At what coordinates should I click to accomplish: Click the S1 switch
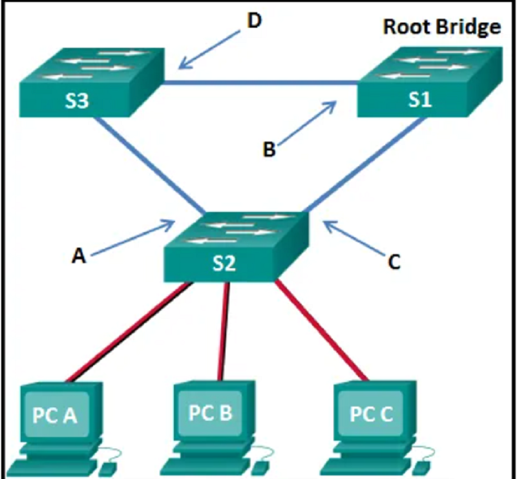pos(430,82)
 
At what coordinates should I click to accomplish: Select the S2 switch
pos(237,247)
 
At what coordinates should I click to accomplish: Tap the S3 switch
pos(92,83)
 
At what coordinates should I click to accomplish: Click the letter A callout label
pos(78,256)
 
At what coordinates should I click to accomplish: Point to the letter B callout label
pos(269,149)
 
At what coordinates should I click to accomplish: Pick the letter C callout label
pos(394,262)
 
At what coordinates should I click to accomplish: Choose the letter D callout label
pos(254,21)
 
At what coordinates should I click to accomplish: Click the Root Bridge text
pos(442,27)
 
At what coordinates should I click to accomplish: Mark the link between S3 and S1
pos(260,82)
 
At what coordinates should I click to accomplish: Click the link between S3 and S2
pos(149,165)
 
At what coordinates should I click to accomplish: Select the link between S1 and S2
pos(364,165)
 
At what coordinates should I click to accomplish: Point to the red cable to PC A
pos(129,332)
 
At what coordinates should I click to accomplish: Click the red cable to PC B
pos(223,332)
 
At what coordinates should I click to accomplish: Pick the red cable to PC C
pos(321,330)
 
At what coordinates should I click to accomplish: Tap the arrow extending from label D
pos(209,50)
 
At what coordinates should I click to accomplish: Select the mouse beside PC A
pos(109,467)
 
